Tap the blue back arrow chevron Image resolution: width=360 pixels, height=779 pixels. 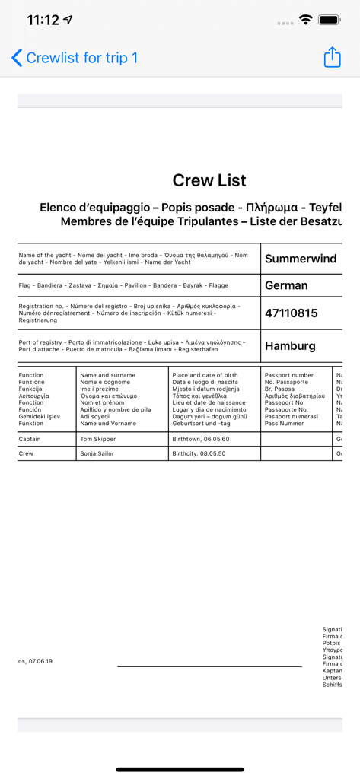tap(18, 58)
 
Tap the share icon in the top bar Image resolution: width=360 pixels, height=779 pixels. tap(332, 58)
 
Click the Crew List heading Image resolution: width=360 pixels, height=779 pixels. tap(209, 180)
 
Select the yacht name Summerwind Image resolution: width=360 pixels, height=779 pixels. tap(301, 259)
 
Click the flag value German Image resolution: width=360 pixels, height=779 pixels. tap(286, 285)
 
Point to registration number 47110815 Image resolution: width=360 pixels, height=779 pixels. tap(291, 313)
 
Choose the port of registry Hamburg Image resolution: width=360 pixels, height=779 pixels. tap(290, 346)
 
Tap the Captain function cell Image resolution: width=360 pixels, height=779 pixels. tap(30, 439)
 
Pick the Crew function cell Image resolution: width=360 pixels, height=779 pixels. tap(26, 453)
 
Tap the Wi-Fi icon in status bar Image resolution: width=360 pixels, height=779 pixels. tap(306, 20)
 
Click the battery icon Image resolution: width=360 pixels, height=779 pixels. tap(329, 20)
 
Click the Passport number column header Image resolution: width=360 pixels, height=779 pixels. tap(289, 375)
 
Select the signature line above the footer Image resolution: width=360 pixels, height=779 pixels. tap(209, 666)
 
